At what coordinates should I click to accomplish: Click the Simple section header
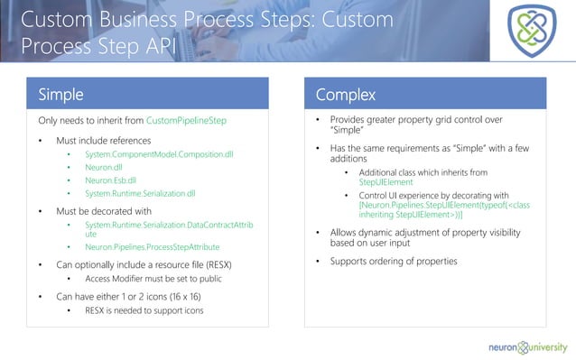[x=61, y=95]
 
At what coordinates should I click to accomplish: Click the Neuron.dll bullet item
[x=104, y=168]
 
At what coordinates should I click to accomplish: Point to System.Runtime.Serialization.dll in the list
[x=140, y=193]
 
